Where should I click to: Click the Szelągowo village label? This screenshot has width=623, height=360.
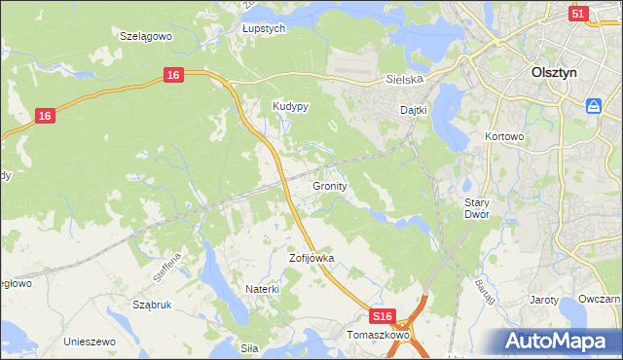click(x=145, y=36)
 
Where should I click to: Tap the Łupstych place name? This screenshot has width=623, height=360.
click(x=263, y=29)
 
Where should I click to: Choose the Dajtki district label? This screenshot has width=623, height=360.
click(x=414, y=111)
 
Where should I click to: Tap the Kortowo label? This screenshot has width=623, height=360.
click(x=504, y=137)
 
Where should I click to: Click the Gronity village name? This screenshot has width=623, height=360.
click(x=330, y=185)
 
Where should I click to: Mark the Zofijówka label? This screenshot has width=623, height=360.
click(x=311, y=259)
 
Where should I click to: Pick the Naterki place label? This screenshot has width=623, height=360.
click(x=262, y=289)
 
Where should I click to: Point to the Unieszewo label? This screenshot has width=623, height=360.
click(x=90, y=342)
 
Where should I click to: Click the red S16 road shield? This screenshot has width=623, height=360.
click(x=384, y=317)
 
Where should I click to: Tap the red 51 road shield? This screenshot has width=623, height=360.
click(x=578, y=14)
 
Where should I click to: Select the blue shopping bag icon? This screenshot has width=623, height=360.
click(x=594, y=106)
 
